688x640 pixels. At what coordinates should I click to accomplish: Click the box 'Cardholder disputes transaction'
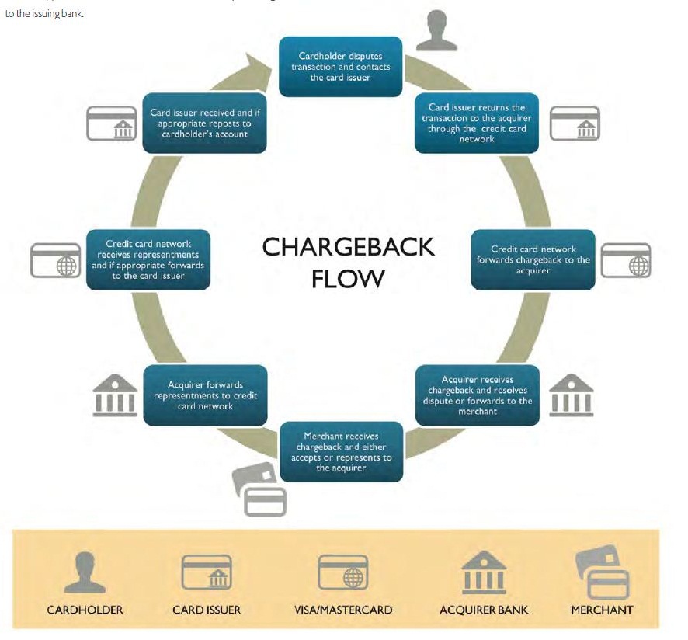340,67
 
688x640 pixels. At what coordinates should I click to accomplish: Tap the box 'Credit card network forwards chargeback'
533,259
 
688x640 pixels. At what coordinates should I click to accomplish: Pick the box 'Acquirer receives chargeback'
477,395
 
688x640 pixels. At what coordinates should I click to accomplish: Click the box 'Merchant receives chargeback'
341,452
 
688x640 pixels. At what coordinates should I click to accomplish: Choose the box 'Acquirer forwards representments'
205,395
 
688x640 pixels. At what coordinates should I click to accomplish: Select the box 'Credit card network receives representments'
148,259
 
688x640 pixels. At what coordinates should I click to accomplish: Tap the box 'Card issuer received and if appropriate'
205,123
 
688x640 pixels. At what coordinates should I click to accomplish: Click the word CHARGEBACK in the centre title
348,247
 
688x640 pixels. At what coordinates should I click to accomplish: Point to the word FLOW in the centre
348,278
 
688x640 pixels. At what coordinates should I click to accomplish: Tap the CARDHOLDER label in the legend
85,610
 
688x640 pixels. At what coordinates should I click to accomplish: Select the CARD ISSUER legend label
207,610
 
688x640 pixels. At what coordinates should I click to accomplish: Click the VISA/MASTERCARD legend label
342,610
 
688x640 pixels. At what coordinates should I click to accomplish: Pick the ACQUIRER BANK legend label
484,610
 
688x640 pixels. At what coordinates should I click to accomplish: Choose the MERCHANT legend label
602,610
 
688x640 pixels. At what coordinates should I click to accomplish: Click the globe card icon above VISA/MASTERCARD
342,573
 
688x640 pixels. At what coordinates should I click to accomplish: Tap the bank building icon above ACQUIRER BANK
484,573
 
